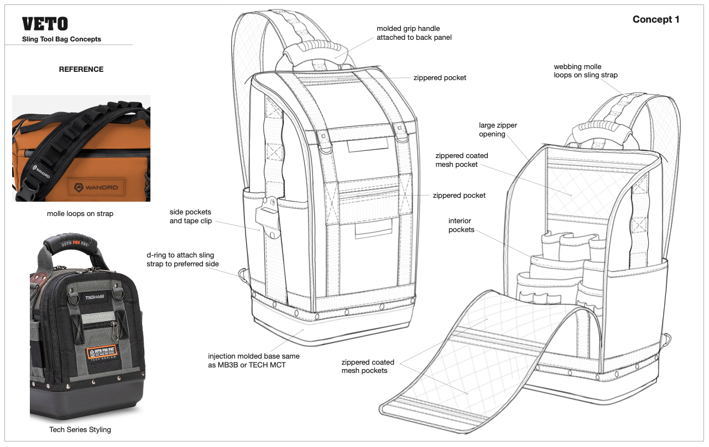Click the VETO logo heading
[45, 24]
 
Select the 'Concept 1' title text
[656, 19]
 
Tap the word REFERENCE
[81, 69]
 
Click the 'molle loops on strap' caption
[80, 214]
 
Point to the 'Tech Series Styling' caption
[80, 430]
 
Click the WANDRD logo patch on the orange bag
[97, 187]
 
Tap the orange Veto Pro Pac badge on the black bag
[102, 352]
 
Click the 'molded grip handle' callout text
[414, 33]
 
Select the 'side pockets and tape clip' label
[191, 216]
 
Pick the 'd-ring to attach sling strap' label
[183, 259]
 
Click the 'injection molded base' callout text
[253, 360]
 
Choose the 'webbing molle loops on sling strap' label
[586, 71]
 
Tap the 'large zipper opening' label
[498, 130]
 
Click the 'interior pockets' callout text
[461, 225]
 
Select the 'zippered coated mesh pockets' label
[368, 366]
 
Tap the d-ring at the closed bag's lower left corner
[243, 276]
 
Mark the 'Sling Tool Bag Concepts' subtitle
[61, 39]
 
